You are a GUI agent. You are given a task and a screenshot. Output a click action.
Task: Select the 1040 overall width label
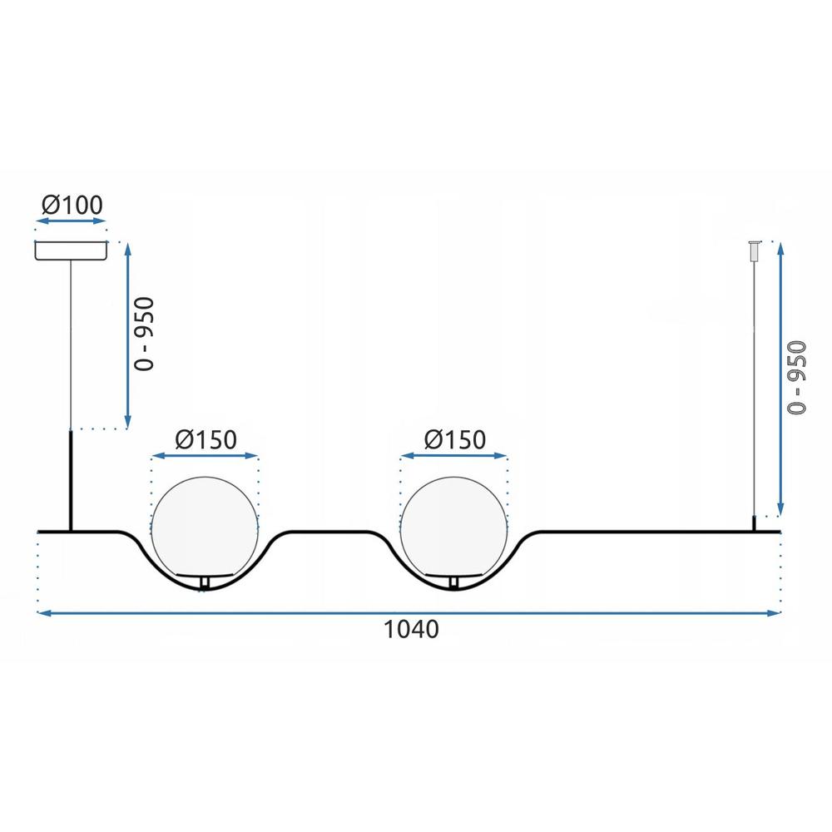[410, 630]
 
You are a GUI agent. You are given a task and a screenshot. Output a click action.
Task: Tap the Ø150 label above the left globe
[206, 439]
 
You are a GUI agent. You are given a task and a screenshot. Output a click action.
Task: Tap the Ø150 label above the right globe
[454, 439]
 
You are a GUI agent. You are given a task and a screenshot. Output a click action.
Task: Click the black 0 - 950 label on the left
[146, 334]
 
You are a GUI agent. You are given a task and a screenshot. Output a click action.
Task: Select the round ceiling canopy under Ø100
[71, 250]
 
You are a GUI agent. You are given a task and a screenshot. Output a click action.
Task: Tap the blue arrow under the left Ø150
[206, 457]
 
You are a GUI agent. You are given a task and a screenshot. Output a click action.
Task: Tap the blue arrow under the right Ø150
[454, 457]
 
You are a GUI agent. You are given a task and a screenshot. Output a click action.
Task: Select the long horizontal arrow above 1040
[410, 613]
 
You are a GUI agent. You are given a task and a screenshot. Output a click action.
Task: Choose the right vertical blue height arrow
[780, 379]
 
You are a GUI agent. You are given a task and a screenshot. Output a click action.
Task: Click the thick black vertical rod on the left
[72, 480]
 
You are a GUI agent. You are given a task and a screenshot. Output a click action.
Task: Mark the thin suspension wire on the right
[755, 383]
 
